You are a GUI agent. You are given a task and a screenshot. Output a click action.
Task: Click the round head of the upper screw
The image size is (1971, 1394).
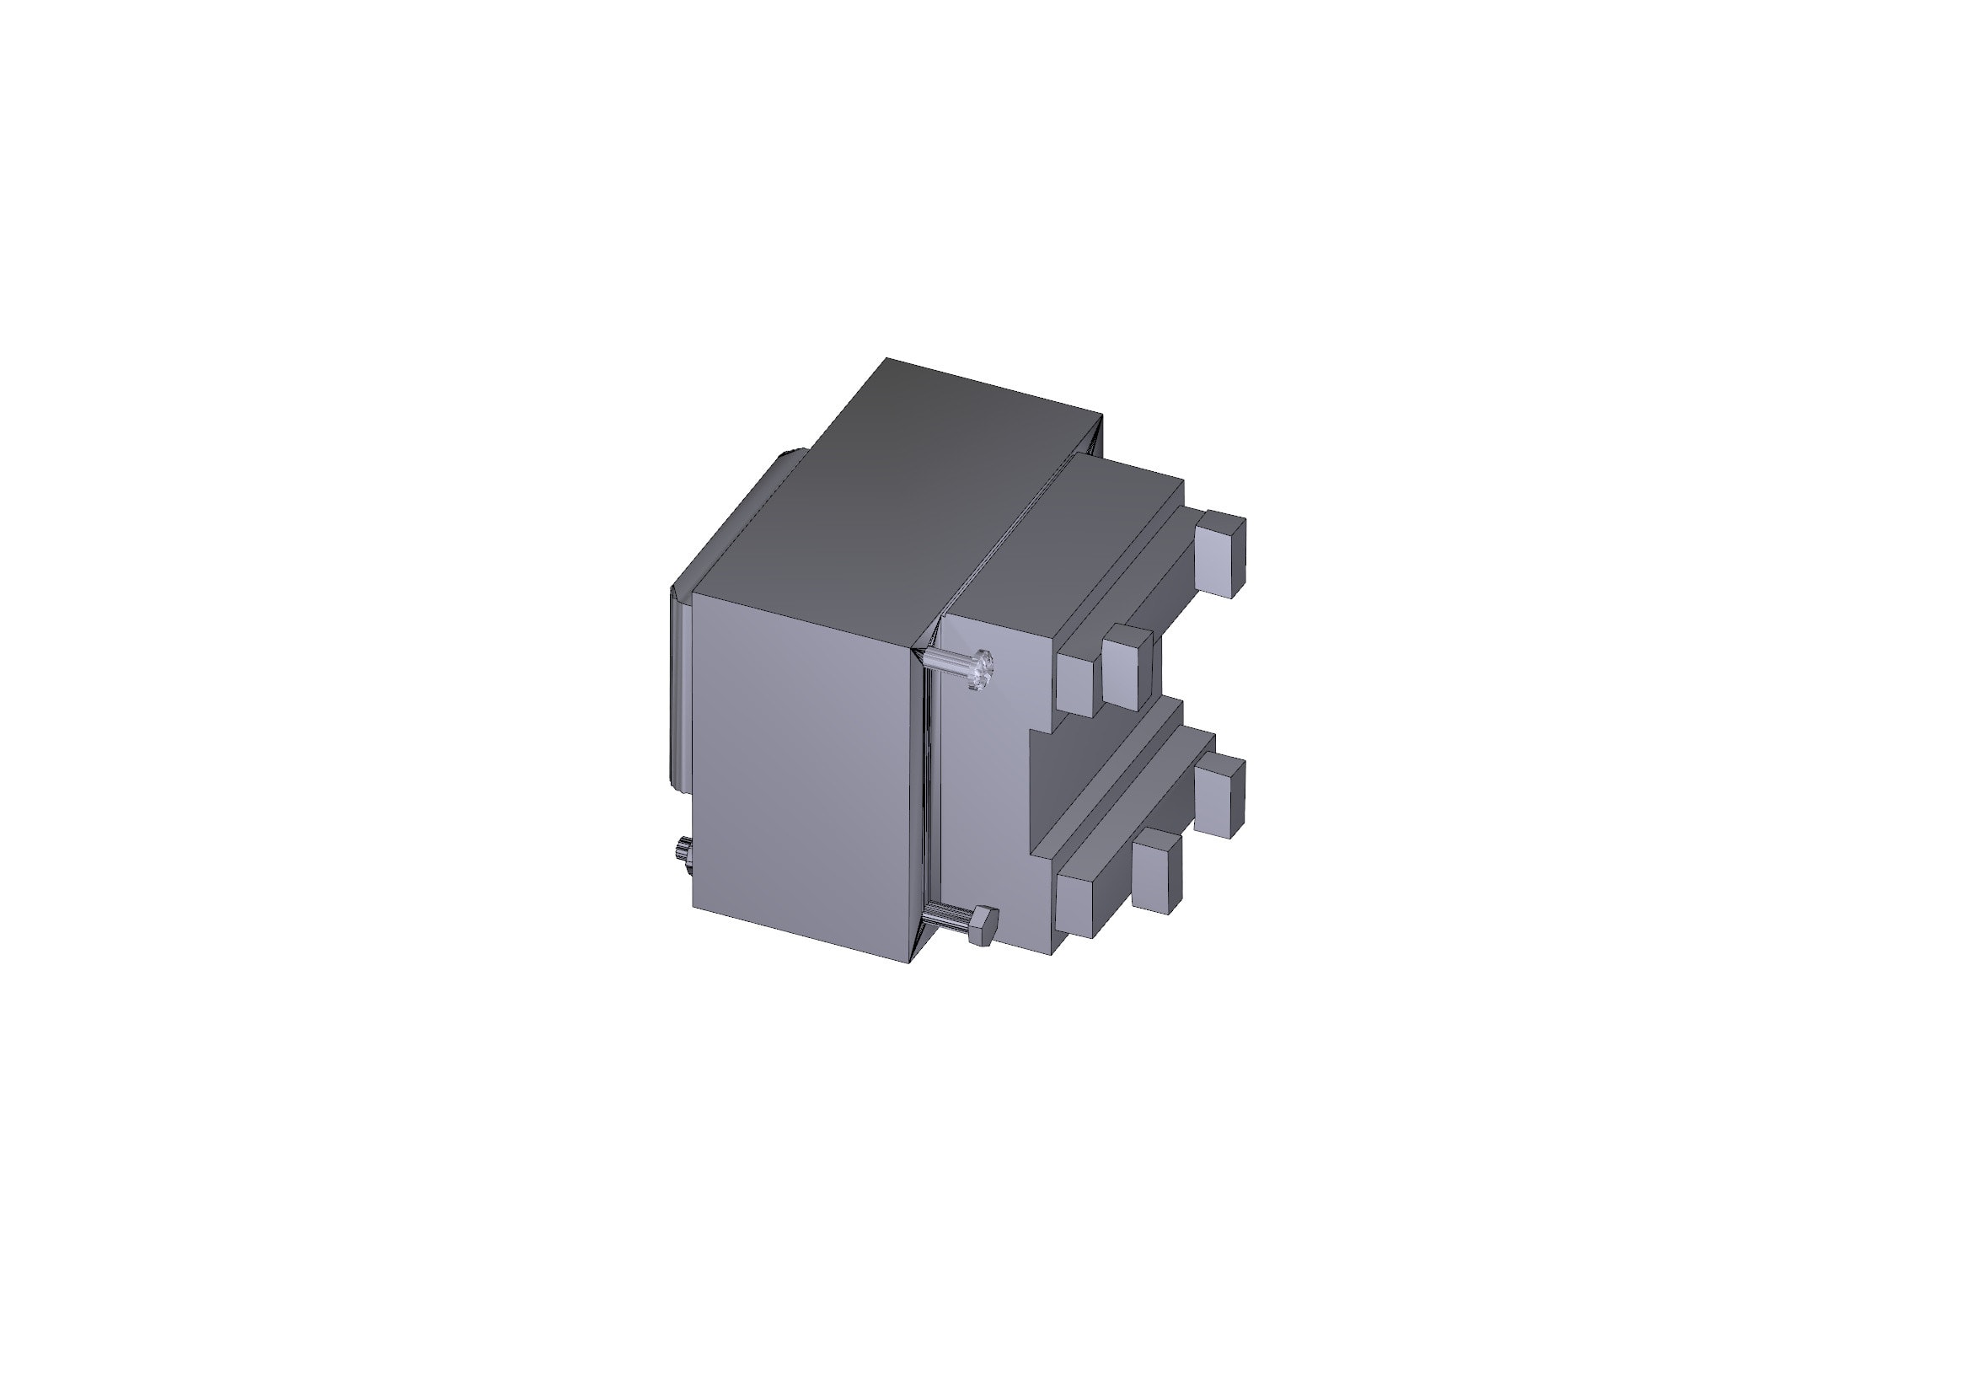coord(982,668)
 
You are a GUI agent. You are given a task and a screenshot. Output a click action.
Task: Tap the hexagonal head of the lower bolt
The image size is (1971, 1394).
coord(981,925)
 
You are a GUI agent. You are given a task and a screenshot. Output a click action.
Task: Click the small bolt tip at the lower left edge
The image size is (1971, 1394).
coord(685,855)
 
